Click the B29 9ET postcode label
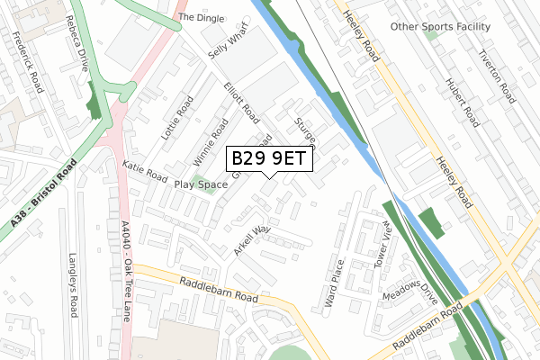tap(269, 159)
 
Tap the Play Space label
tap(201, 184)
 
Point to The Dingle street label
tap(199, 16)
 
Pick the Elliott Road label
tap(242, 103)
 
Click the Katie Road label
tap(145, 168)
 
